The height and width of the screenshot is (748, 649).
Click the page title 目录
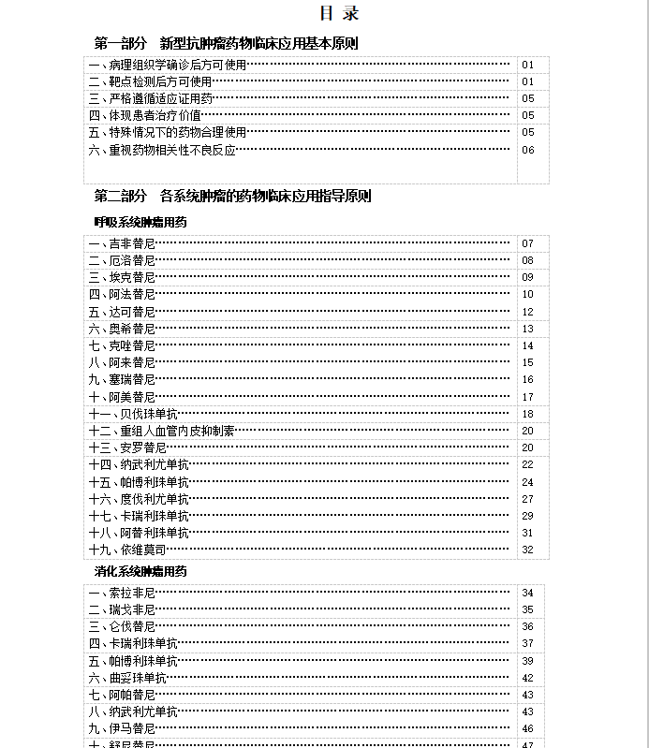click(x=339, y=14)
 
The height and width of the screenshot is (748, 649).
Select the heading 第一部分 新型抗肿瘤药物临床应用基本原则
click(x=226, y=43)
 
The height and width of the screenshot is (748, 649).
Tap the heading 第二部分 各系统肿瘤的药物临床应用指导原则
click(x=232, y=197)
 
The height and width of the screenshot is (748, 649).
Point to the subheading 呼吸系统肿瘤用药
click(x=140, y=222)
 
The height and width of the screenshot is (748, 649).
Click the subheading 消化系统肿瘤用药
click(x=140, y=571)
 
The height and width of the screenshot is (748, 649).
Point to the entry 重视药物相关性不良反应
click(x=162, y=150)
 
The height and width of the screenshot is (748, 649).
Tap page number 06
click(x=528, y=150)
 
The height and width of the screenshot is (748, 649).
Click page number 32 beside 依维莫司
click(x=528, y=550)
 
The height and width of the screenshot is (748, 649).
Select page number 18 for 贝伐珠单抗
click(x=528, y=414)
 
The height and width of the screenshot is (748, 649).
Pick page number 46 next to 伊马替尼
click(x=528, y=728)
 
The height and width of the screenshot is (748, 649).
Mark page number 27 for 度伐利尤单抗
click(x=528, y=499)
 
